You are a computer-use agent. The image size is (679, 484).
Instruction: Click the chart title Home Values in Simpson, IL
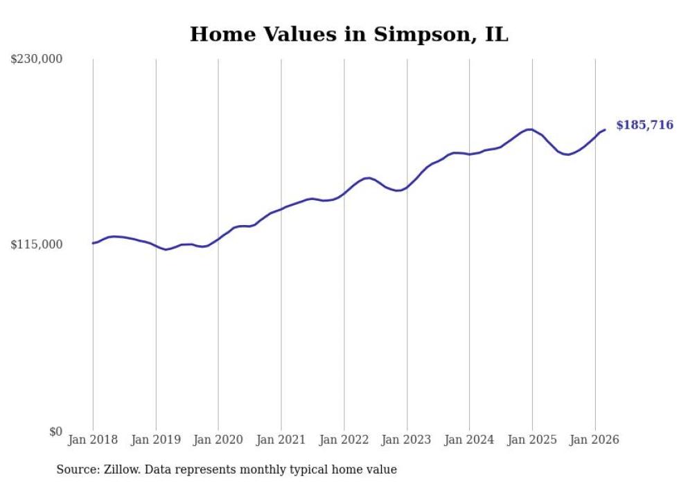coord(349,34)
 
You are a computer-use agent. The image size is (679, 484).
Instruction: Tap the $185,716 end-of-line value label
coord(644,125)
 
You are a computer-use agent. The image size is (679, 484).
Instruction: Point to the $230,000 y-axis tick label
coord(37,60)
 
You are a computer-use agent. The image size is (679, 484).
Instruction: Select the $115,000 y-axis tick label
coord(37,244)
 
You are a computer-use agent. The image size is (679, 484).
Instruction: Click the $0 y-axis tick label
coord(55,431)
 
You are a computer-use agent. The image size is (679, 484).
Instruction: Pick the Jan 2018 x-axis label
coord(93,440)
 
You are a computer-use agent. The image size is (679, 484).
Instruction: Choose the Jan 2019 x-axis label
coord(156,440)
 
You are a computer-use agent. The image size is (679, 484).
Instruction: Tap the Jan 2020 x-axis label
coord(218,440)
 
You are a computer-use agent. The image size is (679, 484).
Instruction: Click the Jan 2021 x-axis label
coord(281,440)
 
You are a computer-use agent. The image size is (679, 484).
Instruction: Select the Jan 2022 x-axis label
coord(344,440)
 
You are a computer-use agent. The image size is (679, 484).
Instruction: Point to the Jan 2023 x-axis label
coord(407,440)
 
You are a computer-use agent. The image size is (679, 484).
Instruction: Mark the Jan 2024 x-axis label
coord(469,440)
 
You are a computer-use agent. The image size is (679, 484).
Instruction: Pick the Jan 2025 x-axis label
coord(532,440)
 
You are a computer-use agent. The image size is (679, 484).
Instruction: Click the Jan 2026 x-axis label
coord(594,440)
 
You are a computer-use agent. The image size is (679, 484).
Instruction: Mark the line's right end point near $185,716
coord(605,129)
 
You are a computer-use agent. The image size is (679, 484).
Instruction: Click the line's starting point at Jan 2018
coord(93,243)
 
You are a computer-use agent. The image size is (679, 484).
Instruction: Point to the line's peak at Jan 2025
coord(530,129)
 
